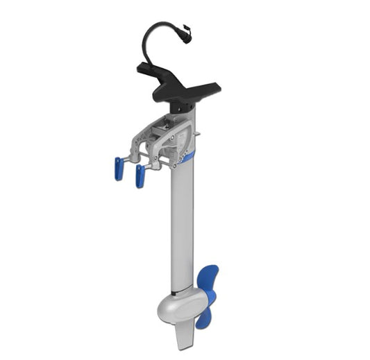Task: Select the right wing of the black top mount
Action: click(208, 88)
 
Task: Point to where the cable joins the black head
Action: click(146, 64)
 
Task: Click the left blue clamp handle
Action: click(119, 169)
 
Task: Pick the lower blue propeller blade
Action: click(204, 316)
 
